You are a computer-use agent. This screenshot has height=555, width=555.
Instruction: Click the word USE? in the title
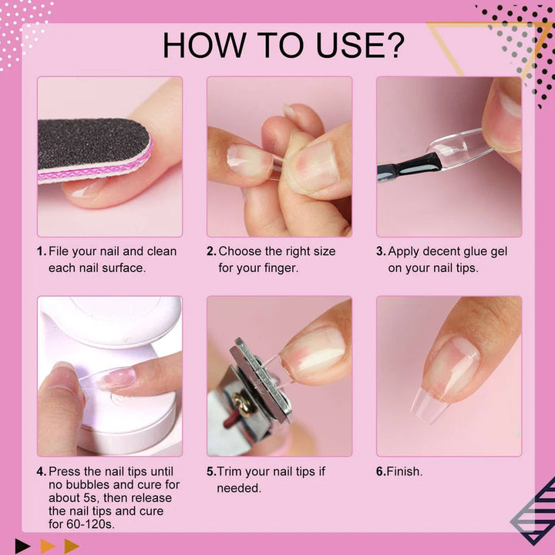click(360, 45)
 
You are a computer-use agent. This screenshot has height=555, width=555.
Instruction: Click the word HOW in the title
click(204, 45)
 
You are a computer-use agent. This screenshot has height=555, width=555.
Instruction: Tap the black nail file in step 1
click(94, 150)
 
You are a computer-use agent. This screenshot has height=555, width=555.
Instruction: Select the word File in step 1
click(58, 251)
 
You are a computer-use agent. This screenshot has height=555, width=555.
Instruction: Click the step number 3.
click(381, 251)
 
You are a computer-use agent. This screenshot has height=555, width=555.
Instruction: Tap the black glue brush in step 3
click(409, 166)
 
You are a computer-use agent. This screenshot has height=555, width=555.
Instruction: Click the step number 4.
click(42, 472)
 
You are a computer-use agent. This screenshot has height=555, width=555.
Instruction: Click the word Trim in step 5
click(230, 472)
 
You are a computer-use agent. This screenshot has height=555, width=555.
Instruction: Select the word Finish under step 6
click(404, 472)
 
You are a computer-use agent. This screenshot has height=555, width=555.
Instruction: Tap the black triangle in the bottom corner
click(22, 546)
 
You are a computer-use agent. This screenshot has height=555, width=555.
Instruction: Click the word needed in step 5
click(239, 488)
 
